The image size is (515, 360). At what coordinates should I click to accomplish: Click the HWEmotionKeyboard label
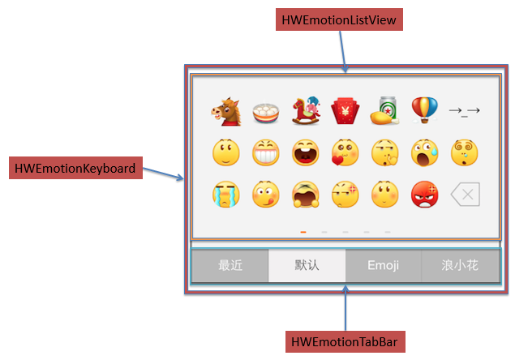73,169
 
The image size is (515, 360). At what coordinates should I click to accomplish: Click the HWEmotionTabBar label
346,341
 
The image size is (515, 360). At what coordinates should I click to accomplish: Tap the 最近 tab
230,265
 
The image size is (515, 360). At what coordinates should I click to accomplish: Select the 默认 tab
307,265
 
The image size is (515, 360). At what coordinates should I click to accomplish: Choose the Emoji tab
383,265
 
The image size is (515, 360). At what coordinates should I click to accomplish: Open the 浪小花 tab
460,265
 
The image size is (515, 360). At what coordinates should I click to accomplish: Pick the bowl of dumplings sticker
266,111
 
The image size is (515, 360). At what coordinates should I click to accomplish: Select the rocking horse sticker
305,110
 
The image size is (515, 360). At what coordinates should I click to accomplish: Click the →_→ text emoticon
465,111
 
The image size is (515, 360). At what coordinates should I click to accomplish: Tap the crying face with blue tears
226,194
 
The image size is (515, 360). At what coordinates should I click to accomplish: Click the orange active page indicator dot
303,232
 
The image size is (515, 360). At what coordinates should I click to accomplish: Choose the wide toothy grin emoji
266,152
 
